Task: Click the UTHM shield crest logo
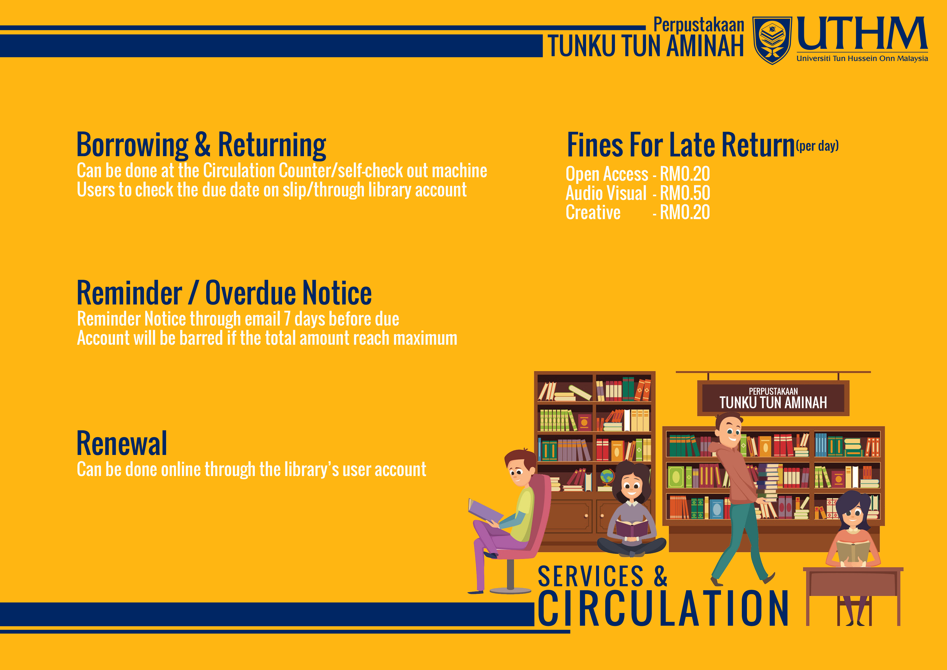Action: (x=772, y=40)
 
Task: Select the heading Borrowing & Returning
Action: (x=201, y=145)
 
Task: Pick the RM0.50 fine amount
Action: (x=685, y=193)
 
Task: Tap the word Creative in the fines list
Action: (x=593, y=212)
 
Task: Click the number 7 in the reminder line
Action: (x=287, y=319)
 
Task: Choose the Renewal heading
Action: (x=122, y=443)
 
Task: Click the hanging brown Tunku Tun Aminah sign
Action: (x=773, y=398)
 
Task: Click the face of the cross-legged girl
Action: (x=631, y=485)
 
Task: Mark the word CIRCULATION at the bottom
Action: (x=663, y=608)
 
